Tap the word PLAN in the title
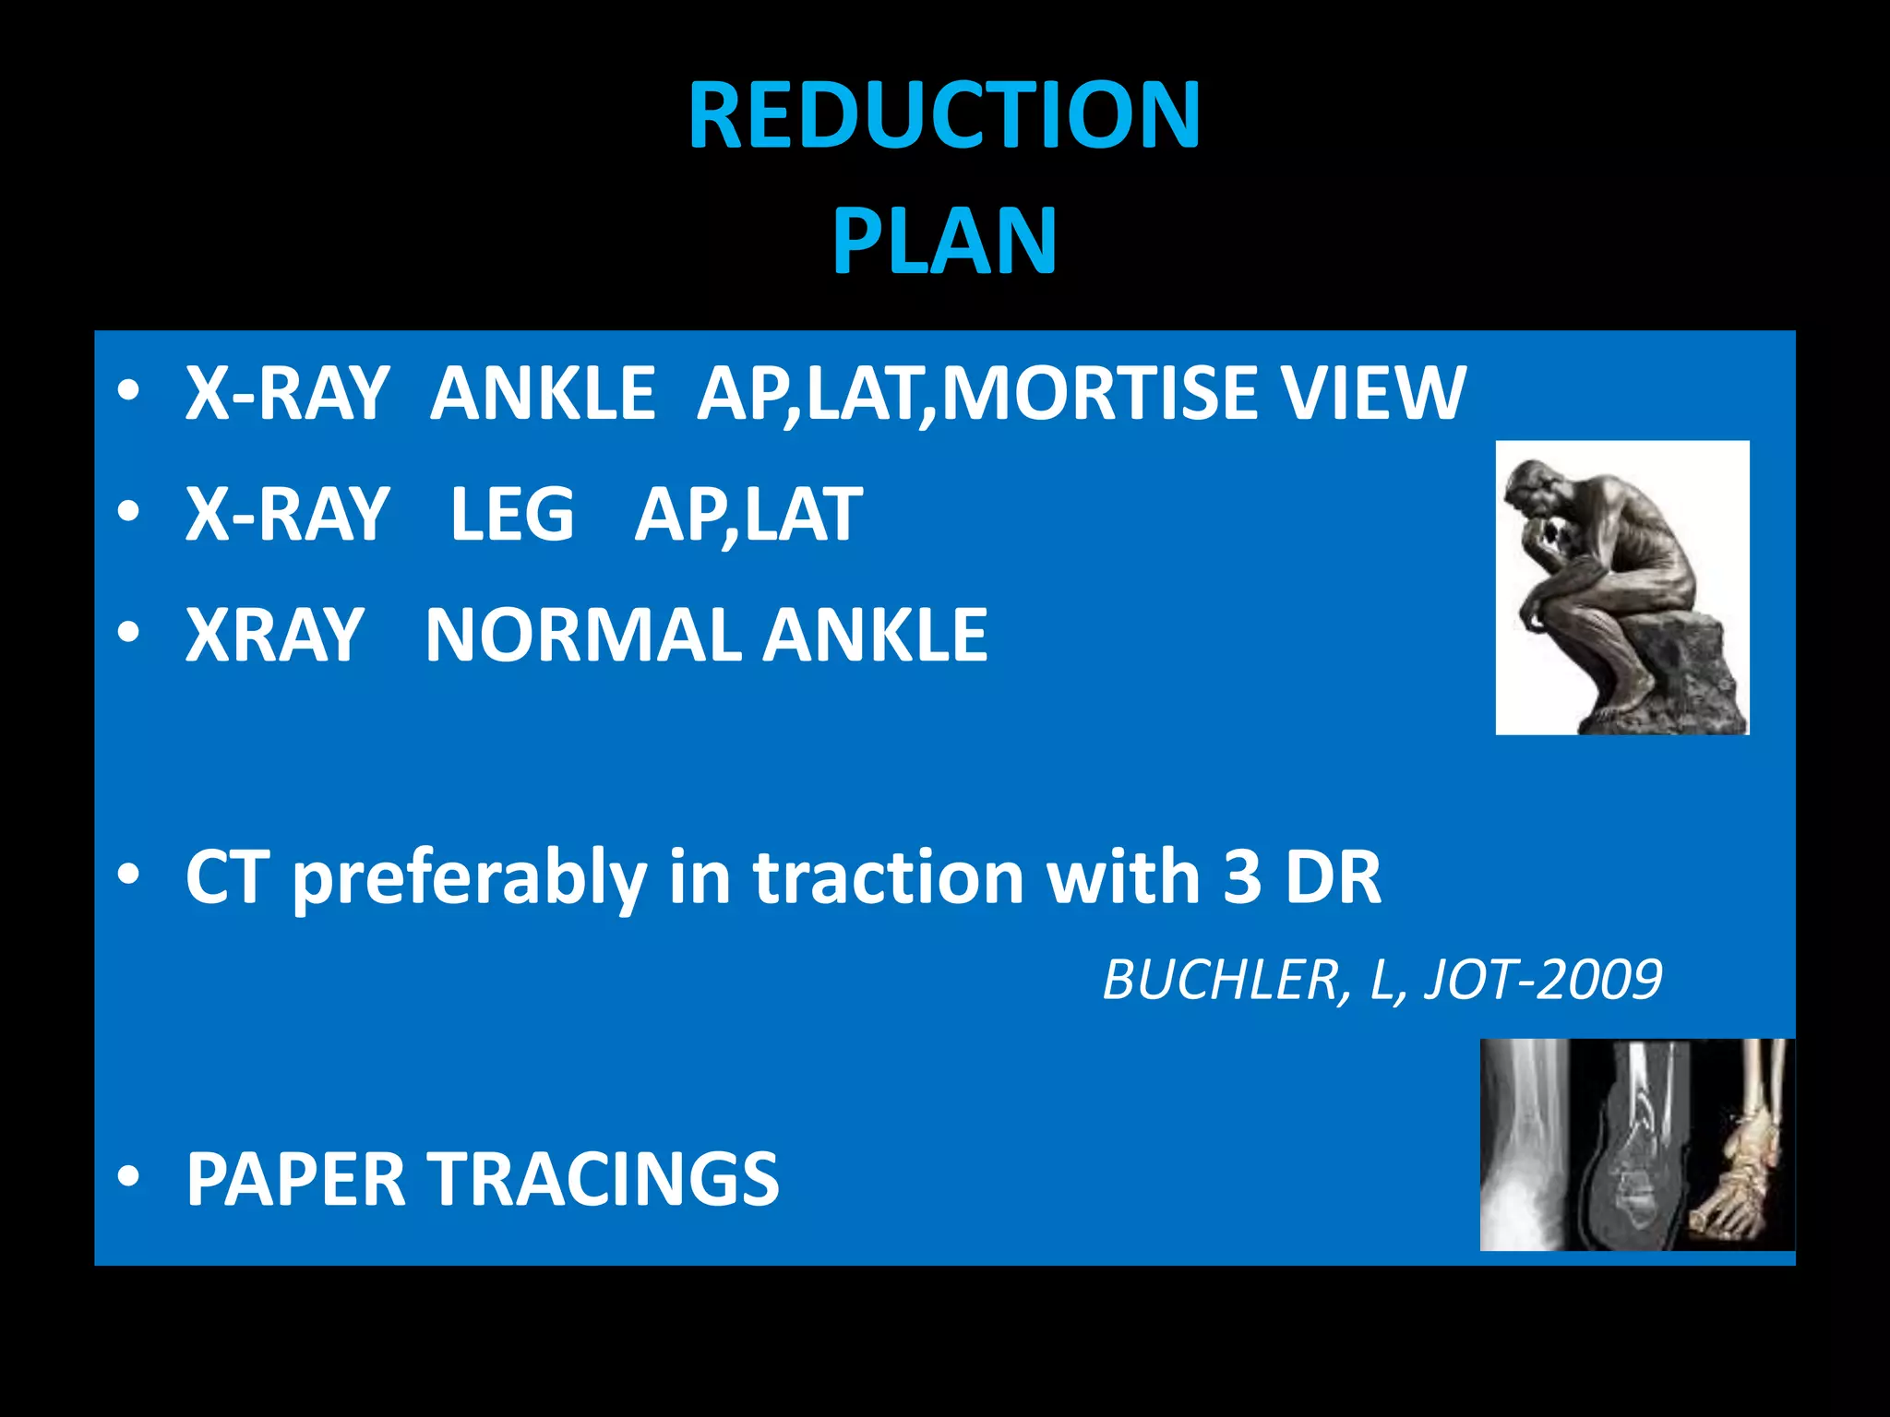tap(944, 241)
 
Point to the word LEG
tap(512, 515)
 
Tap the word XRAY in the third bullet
tap(274, 636)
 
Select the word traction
tap(888, 876)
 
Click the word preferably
tap(470, 878)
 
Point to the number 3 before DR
tap(1242, 876)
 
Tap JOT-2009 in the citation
tap(1543, 980)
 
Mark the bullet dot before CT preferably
tap(128, 873)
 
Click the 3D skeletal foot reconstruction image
tap(1740, 1144)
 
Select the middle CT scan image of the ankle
tap(1630, 1144)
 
